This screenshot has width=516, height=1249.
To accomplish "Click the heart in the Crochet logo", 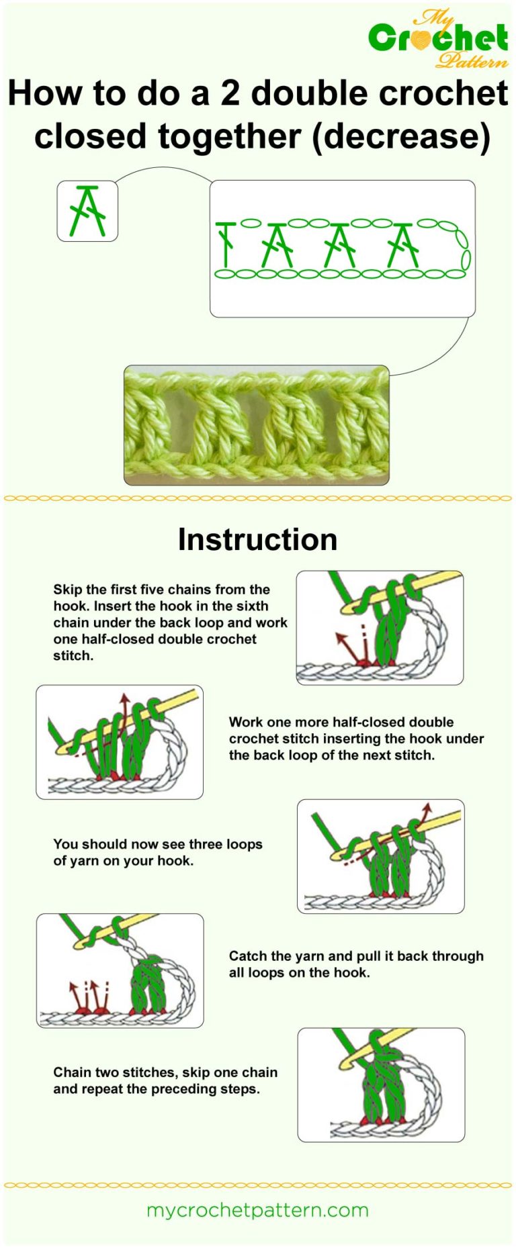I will coord(421,40).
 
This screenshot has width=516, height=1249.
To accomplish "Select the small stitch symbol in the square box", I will coord(87,211).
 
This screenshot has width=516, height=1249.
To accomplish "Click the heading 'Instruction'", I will coord(257,540).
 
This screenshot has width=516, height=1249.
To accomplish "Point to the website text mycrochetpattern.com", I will coord(257,1210).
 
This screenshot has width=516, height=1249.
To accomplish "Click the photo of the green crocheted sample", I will coord(256,425).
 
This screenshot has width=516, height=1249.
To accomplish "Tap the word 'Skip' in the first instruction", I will coord(67,590).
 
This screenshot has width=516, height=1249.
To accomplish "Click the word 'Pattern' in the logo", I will coord(472,62).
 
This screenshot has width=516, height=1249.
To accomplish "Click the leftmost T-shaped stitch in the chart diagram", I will coord(226,243).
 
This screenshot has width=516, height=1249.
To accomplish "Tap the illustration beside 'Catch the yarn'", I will coord(120,970).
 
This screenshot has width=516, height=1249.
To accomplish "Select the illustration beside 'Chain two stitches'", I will coord(381,1084).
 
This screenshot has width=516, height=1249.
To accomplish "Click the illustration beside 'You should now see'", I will coord(381,856).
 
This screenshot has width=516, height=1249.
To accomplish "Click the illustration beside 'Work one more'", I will coord(120,742).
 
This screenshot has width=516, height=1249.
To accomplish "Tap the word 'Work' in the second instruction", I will coord(246,722).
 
